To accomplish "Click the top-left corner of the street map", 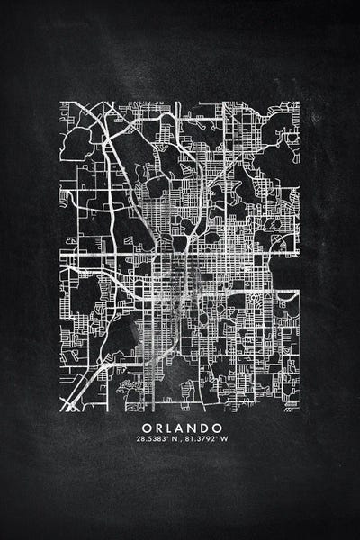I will pyautogui.click(x=61, y=103).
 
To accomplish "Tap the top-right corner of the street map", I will pyautogui.click(x=299, y=103).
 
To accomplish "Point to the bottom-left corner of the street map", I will pyautogui.click(x=61, y=410).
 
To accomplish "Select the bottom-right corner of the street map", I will pyautogui.click(x=299, y=410).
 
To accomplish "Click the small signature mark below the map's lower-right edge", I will pyautogui.click(x=291, y=406).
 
